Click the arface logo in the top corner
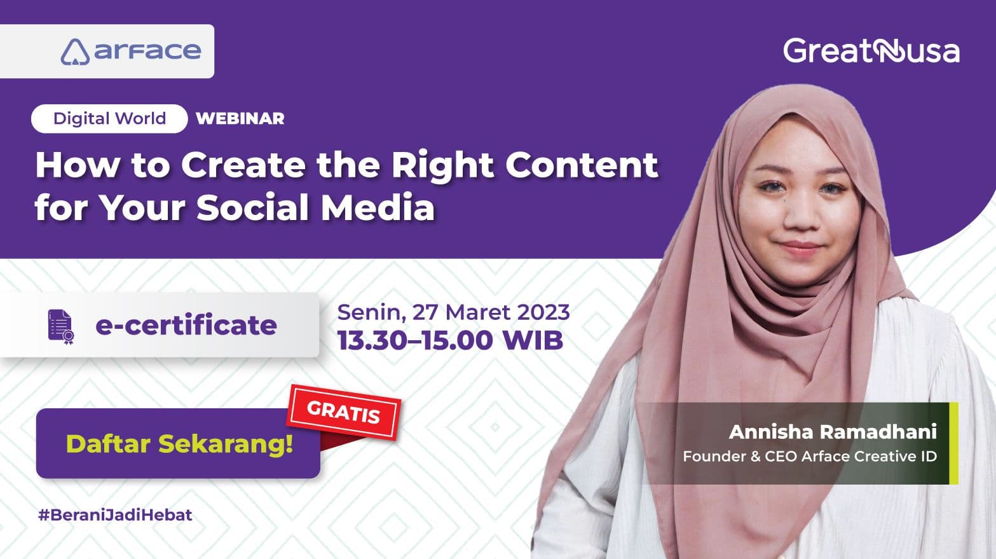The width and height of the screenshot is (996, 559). point(131,52)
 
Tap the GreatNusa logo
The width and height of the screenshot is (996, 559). point(871,51)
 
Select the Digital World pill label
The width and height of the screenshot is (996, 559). point(109,119)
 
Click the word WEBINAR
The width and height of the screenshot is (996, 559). point(240,119)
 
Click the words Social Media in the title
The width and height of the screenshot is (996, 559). point(315,208)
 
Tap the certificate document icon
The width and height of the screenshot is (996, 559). point(61,326)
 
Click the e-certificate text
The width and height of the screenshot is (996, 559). point(186,326)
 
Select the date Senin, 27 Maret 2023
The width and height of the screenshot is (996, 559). point(453,312)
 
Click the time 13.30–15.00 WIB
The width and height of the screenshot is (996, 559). point(450,340)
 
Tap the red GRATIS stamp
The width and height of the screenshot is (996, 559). point(344,413)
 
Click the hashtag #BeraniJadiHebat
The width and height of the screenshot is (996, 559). point(115,514)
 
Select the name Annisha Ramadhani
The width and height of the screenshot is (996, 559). point(833,432)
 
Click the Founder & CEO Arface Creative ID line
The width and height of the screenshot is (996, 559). point(809,457)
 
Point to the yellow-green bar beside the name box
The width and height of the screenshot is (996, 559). point(953,443)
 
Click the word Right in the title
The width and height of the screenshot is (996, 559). point(443,165)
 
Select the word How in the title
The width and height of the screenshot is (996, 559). point(77,165)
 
